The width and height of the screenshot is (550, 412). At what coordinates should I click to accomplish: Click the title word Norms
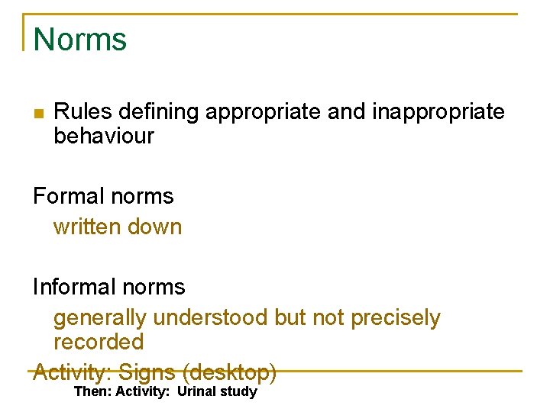(80, 40)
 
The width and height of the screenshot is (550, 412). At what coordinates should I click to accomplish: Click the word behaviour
(104, 137)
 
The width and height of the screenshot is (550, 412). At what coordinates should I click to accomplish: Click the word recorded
(99, 341)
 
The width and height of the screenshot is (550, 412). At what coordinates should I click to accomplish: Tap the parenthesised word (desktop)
(229, 373)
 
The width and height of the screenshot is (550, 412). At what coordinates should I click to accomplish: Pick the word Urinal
(197, 392)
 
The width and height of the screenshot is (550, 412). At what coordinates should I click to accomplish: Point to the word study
(238, 392)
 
